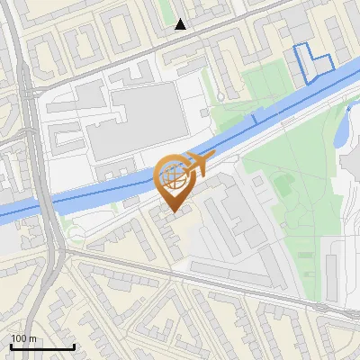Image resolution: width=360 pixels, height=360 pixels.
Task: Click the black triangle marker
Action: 180,24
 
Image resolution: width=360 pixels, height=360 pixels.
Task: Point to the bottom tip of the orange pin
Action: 174,213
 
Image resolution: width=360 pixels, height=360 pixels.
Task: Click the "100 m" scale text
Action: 24,338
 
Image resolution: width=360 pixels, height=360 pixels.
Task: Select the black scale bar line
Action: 42,346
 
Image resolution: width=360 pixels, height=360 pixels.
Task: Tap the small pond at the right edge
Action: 344,130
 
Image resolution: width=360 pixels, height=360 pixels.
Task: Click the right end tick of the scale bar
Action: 74,345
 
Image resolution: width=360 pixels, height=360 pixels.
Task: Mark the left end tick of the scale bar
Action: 11,345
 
